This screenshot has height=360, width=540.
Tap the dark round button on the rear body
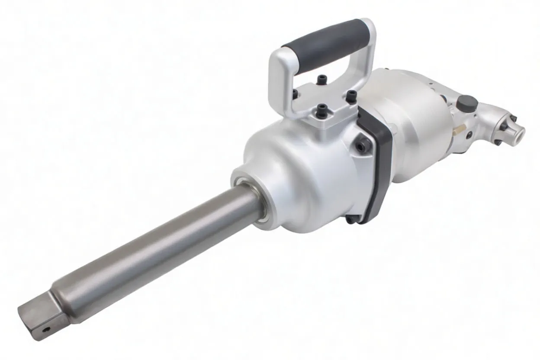click(x=468, y=103)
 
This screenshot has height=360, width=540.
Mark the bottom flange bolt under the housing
click(x=351, y=219)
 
